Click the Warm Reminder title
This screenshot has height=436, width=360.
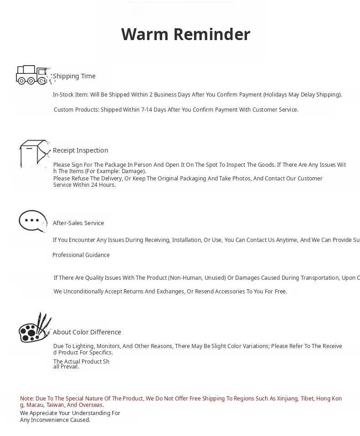click(x=185, y=35)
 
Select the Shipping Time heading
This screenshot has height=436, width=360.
click(x=74, y=76)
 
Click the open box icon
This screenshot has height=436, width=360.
click(x=34, y=154)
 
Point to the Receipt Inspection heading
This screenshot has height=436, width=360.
click(x=80, y=150)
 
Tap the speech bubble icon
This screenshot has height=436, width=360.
click(x=33, y=221)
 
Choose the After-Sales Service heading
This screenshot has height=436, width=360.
click(x=78, y=223)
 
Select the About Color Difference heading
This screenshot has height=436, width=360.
click(x=87, y=332)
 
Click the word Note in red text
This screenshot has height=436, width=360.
click(x=26, y=399)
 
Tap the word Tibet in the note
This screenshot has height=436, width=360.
click(x=307, y=399)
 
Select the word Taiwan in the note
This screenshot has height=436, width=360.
click(x=55, y=405)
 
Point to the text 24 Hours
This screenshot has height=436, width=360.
click(x=103, y=185)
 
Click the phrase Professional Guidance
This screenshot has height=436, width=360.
click(x=81, y=255)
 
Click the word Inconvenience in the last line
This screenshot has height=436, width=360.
click(x=51, y=420)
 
